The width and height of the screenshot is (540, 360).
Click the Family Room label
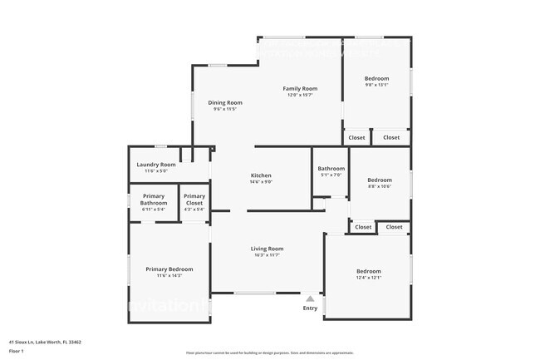click(301, 88)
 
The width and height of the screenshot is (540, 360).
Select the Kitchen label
click(262, 175)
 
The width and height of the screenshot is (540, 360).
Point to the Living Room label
click(268, 249)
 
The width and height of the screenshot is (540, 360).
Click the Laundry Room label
click(156, 165)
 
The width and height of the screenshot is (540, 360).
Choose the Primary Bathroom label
click(154, 200)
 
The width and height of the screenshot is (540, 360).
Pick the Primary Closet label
click(194, 200)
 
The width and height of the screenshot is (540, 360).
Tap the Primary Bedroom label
click(169, 269)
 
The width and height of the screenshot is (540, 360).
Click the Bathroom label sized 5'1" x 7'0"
click(331, 169)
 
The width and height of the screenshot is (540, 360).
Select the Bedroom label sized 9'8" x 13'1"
click(376, 79)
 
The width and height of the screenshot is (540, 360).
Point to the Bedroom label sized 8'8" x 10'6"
click(380, 180)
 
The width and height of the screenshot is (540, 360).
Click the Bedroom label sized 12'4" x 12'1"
click(369, 271)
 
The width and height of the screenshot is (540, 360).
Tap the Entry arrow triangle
click(310, 298)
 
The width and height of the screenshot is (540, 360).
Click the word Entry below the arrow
click(310, 308)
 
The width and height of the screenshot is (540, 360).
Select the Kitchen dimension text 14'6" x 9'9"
click(262, 181)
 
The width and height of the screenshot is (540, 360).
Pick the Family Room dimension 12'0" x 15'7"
click(301, 94)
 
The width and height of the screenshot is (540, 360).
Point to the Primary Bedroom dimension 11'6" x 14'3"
click(169, 275)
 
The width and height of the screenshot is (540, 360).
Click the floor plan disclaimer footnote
click(269, 353)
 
